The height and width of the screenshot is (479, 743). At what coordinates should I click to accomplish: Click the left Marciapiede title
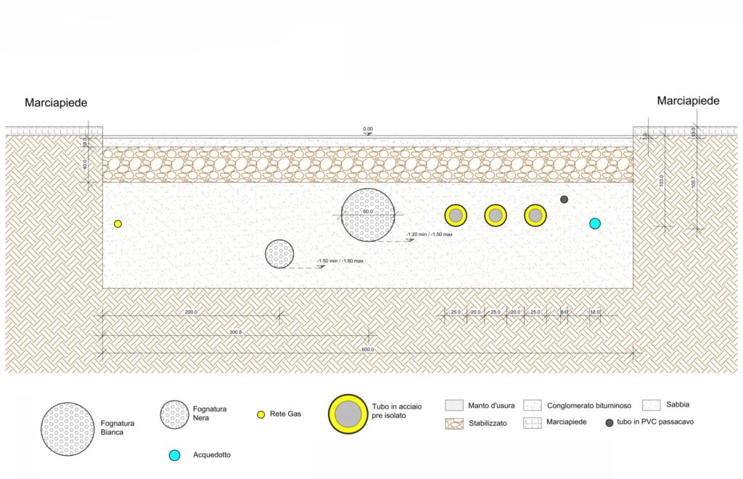(x=56, y=103)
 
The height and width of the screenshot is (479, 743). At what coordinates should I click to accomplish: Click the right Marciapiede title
(x=688, y=101)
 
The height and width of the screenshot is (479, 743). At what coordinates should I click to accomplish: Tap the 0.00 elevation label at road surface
(x=368, y=129)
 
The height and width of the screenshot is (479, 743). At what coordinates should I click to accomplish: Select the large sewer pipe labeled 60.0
(x=369, y=215)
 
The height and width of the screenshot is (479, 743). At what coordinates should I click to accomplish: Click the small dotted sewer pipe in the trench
(x=279, y=254)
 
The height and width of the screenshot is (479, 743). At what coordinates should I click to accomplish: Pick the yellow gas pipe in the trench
(x=118, y=224)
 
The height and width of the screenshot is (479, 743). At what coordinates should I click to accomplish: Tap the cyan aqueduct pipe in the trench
(x=595, y=224)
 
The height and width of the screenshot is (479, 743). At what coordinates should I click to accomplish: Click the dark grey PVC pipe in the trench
(x=565, y=200)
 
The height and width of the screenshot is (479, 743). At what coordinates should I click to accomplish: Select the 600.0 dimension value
(x=368, y=350)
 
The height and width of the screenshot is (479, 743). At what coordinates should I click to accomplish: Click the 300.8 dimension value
(x=235, y=332)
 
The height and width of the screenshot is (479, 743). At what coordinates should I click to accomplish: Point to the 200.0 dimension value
(x=191, y=312)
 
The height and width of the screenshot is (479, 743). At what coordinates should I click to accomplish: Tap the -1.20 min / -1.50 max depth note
(x=430, y=234)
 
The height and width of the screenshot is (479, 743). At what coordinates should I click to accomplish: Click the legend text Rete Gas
(x=285, y=414)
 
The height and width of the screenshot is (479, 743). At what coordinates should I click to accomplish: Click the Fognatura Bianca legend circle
(x=67, y=429)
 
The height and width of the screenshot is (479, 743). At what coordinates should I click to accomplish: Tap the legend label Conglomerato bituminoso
(x=590, y=406)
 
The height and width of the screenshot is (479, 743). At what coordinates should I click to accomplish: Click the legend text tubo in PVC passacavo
(x=654, y=422)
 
